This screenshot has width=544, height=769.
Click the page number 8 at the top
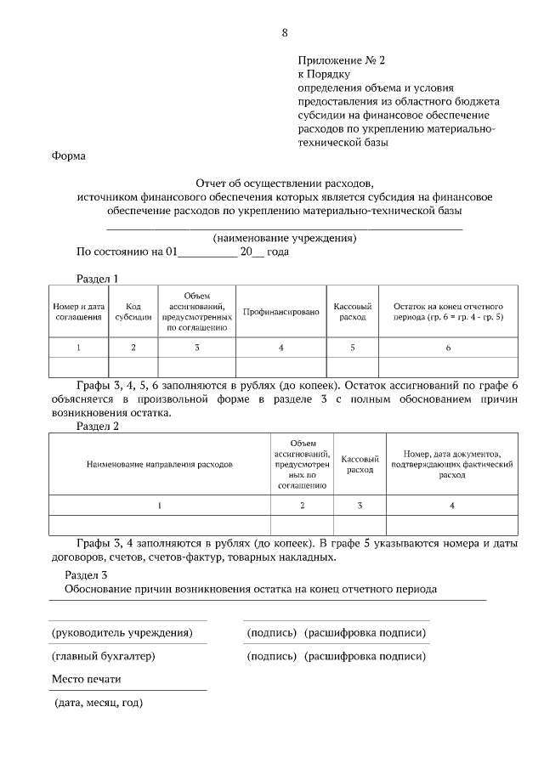[x=285, y=33]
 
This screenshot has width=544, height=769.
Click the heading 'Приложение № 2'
[x=341, y=60]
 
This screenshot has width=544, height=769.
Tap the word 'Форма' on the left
[x=68, y=156]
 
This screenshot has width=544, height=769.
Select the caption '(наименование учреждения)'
[x=284, y=238]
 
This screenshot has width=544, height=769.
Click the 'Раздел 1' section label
[x=98, y=278]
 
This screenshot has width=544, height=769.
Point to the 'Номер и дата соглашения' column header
[x=79, y=312]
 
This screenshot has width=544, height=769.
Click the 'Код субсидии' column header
[x=133, y=312]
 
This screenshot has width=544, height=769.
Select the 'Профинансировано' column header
[x=280, y=312]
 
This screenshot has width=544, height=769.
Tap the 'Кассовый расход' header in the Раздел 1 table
[x=352, y=312]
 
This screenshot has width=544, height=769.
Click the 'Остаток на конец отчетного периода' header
[x=448, y=312]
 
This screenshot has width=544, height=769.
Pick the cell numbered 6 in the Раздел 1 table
[x=448, y=347]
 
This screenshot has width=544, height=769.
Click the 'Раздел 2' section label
[x=98, y=427]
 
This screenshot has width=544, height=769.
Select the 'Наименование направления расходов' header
[x=159, y=465]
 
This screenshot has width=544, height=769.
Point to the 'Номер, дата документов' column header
[x=452, y=465]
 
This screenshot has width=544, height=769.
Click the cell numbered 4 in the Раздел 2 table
[x=452, y=505]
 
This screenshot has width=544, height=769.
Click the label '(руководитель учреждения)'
[x=122, y=633]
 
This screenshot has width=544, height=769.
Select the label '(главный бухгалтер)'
[x=103, y=656]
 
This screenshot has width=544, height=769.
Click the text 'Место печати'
[x=86, y=679]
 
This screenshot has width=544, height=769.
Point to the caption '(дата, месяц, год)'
[x=97, y=703]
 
